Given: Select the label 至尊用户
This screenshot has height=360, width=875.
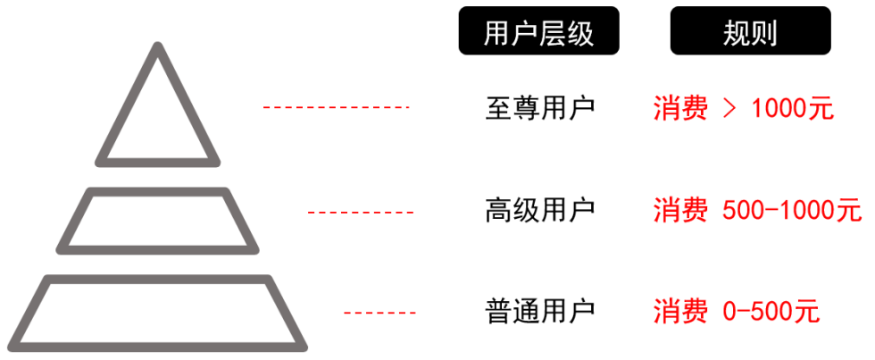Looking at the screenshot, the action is pos(539,108).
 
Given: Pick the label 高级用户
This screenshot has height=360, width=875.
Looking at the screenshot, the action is pos(539,211).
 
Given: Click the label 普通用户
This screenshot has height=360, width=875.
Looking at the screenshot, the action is pos(539,312).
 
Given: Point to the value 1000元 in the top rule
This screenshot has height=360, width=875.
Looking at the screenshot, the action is pos(793,109).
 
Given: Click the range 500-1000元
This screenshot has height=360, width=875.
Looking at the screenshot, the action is pos(791,212).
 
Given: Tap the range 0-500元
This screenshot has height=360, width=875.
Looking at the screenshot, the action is pos(770,313).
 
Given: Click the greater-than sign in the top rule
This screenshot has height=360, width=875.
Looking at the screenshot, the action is pos(729,109).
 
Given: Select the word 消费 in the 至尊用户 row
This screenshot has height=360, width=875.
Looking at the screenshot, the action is pos(679,109).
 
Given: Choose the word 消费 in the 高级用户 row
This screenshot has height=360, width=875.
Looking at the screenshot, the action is pos(679,212).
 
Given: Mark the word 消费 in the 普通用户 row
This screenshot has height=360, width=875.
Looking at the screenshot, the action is pos(679,313).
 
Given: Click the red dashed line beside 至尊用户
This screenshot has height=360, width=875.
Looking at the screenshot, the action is pos(335,107).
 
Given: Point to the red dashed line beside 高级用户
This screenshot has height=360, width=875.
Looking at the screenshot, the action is pos(361,212).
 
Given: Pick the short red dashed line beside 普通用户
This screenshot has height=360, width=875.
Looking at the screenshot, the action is pos(379,313).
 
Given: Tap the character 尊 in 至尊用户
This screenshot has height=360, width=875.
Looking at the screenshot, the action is pos(525,108).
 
